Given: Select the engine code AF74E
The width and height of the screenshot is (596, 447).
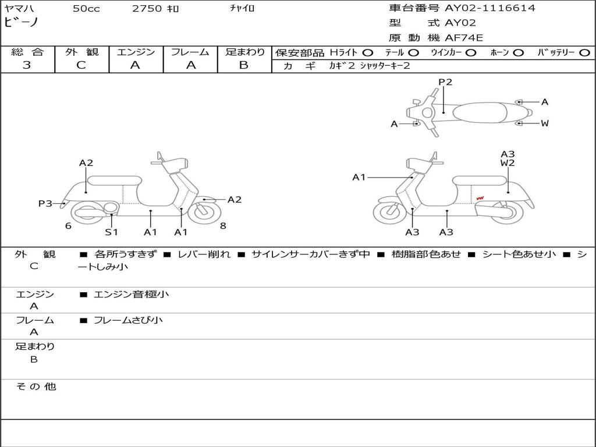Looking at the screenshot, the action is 464,38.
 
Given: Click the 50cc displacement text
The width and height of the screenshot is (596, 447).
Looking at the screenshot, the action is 86,9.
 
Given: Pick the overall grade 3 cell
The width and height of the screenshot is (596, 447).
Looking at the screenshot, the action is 27,65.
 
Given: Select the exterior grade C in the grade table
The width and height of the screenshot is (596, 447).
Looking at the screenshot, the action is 81,65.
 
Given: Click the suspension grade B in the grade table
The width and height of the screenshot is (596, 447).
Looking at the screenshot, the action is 244,65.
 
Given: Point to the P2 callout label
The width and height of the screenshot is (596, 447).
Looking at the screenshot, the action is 445,82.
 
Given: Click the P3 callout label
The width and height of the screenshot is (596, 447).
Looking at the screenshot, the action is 45,204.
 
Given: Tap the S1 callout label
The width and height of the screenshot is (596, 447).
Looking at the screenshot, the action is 111,232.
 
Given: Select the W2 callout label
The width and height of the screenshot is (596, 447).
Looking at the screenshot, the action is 508,163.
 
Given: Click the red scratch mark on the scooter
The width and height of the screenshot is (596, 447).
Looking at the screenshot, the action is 481,198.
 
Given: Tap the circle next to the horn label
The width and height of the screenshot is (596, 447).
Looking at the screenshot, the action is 518,52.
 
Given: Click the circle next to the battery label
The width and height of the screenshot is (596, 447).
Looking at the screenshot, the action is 585,52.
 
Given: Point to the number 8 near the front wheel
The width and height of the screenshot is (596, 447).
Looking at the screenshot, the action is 223,226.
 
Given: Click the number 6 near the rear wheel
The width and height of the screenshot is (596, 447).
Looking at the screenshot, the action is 68,226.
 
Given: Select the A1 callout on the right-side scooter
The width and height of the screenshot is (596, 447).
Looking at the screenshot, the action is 359,178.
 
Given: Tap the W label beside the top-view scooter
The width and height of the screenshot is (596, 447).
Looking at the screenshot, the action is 545,123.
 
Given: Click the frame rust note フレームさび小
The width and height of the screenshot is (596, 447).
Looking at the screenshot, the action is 128,320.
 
